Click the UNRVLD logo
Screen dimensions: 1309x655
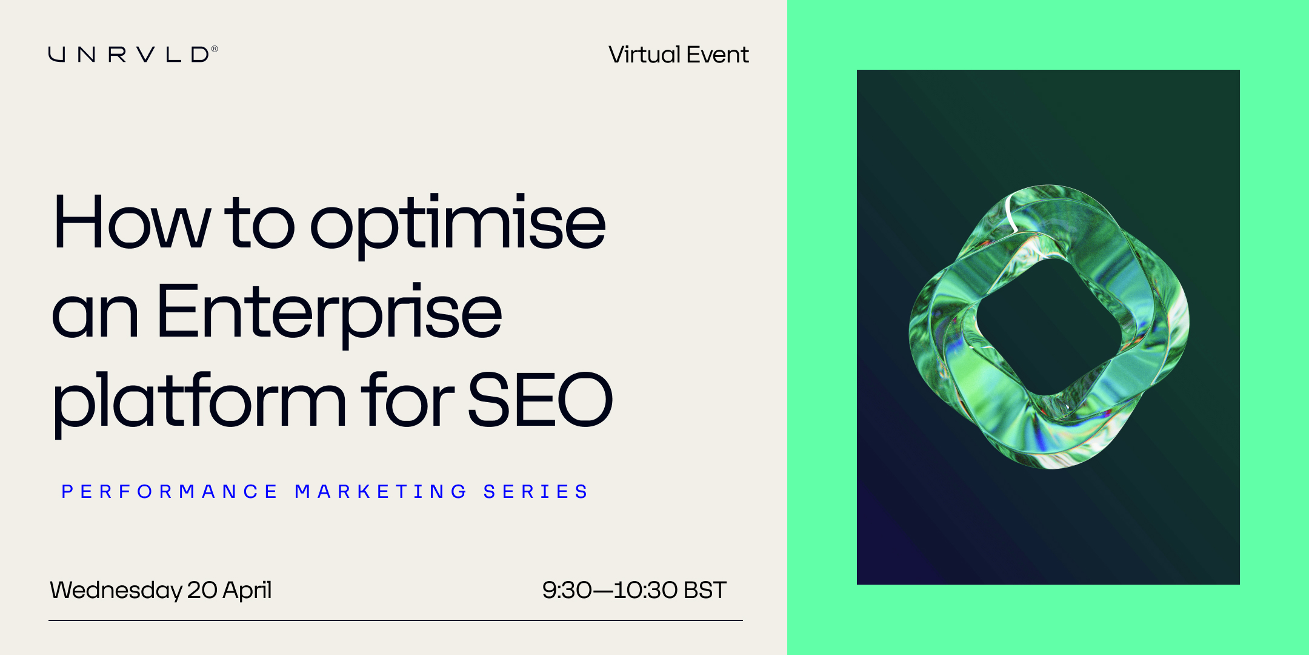133,55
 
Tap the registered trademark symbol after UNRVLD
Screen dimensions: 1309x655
215,49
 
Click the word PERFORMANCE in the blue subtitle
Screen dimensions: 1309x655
169,491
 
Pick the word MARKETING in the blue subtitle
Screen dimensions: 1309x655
381,491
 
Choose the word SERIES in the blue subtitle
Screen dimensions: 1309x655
536,491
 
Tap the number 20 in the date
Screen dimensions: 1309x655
202,590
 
